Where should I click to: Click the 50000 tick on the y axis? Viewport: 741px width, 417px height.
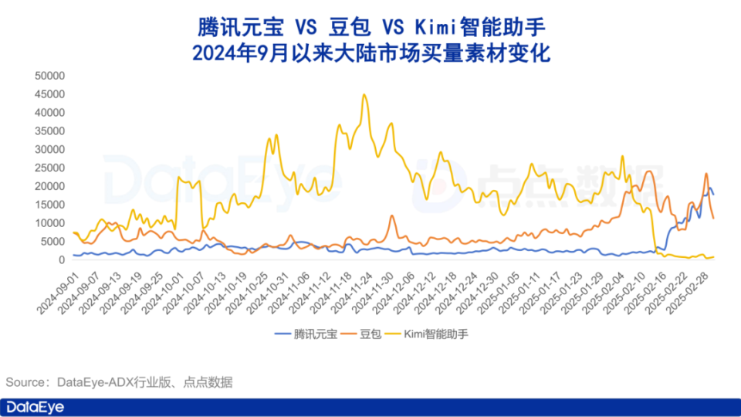pos(49,75)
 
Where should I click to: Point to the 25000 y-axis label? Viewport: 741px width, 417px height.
pos(49,168)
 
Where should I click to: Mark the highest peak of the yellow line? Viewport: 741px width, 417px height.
pos(364,95)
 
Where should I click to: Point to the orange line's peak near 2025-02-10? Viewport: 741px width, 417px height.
pos(648,171)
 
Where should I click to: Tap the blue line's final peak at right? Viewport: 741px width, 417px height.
pos(709,188)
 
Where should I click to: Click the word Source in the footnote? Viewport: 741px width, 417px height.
pos(25,382)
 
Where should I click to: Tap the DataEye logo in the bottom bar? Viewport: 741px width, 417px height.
pos(35,407)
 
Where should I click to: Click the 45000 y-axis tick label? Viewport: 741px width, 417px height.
pos(49,93)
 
